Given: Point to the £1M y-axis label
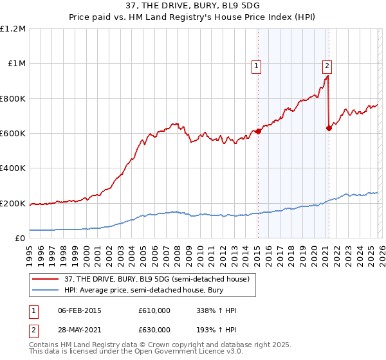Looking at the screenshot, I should (x=17, y=64).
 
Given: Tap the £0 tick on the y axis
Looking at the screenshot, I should (x=21, y=239).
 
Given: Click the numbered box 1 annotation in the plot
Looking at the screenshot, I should (x=257, y=65).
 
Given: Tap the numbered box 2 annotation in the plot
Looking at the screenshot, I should (x=327, y=65).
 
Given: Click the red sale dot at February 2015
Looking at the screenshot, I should (x=258, y=131).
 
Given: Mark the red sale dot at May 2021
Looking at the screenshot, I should (x=329, y=128).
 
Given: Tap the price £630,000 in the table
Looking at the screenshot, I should (x=154, y=329).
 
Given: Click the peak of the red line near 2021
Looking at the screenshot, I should (x=327, y=76).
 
